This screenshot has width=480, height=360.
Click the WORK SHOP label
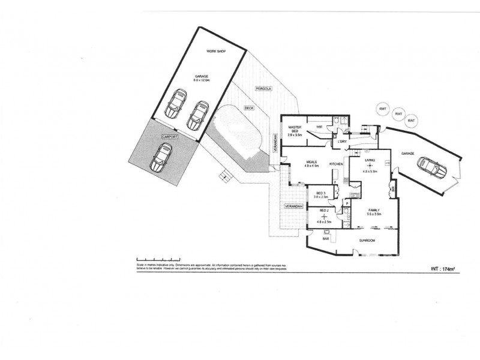click(214, 52)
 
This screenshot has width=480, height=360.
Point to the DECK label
click(248, 109)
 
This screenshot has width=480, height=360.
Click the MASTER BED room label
click(294, 130)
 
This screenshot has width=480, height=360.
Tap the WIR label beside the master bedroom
click(320, 127)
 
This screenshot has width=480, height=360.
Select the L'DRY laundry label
click(343, 142)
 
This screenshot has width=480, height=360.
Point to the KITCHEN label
click(335, 164)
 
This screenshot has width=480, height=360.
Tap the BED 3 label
click(322, 194)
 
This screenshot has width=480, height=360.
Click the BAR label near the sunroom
click(326, 239)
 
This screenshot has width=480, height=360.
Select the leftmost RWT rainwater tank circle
click(382, 109)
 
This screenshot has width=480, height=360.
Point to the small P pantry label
click(347, 204)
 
